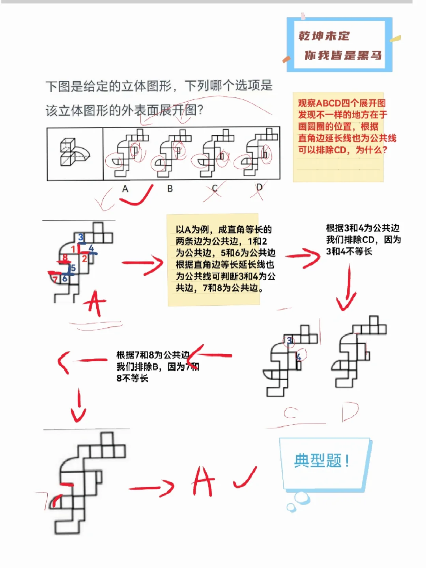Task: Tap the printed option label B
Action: coord(170,189)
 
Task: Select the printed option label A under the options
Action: coord(125,189)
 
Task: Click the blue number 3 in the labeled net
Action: coord(81,237)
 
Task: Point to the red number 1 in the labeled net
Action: coord(73,249)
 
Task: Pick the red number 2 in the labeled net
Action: coord(84,259)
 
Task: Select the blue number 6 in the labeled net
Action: coord(65,278)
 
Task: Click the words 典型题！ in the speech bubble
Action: coord(321,461)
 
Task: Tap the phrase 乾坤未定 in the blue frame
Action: coord(324,36)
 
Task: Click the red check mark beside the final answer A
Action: coord(245,478)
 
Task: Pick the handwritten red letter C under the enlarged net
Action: coord(291,413)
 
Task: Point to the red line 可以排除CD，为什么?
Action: coord(342,150)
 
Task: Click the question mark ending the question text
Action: coord(200,110)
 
